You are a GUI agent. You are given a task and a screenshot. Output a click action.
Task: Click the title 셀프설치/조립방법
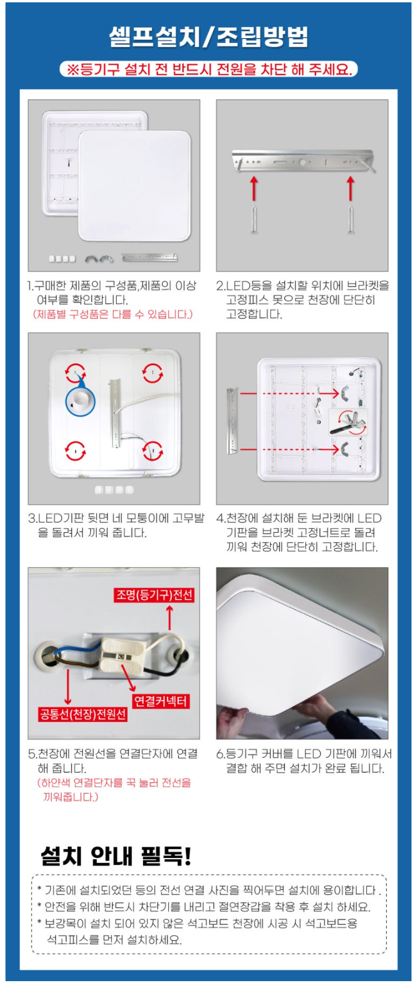209,37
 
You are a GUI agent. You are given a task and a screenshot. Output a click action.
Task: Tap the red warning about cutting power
209,70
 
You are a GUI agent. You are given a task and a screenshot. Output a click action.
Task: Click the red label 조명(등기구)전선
154,595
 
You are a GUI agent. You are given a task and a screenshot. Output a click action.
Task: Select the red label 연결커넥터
161,701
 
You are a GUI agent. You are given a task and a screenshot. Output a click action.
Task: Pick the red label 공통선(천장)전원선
83,714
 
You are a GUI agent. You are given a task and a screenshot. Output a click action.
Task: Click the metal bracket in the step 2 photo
303,161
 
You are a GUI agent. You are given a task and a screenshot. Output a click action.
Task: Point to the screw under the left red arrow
254,217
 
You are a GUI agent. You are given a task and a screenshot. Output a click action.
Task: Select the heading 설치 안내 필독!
116,855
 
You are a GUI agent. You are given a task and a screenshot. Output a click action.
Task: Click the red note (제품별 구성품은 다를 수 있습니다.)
113,315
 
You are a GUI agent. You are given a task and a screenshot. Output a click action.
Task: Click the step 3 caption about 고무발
116,525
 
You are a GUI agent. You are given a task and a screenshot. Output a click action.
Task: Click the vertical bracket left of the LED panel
232,420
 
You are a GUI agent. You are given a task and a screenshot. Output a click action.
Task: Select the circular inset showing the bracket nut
349,422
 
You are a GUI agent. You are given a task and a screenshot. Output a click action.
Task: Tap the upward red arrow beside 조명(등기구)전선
169,617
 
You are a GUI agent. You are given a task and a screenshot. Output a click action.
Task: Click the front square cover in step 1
134,186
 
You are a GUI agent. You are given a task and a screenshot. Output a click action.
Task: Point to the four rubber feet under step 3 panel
114,489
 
